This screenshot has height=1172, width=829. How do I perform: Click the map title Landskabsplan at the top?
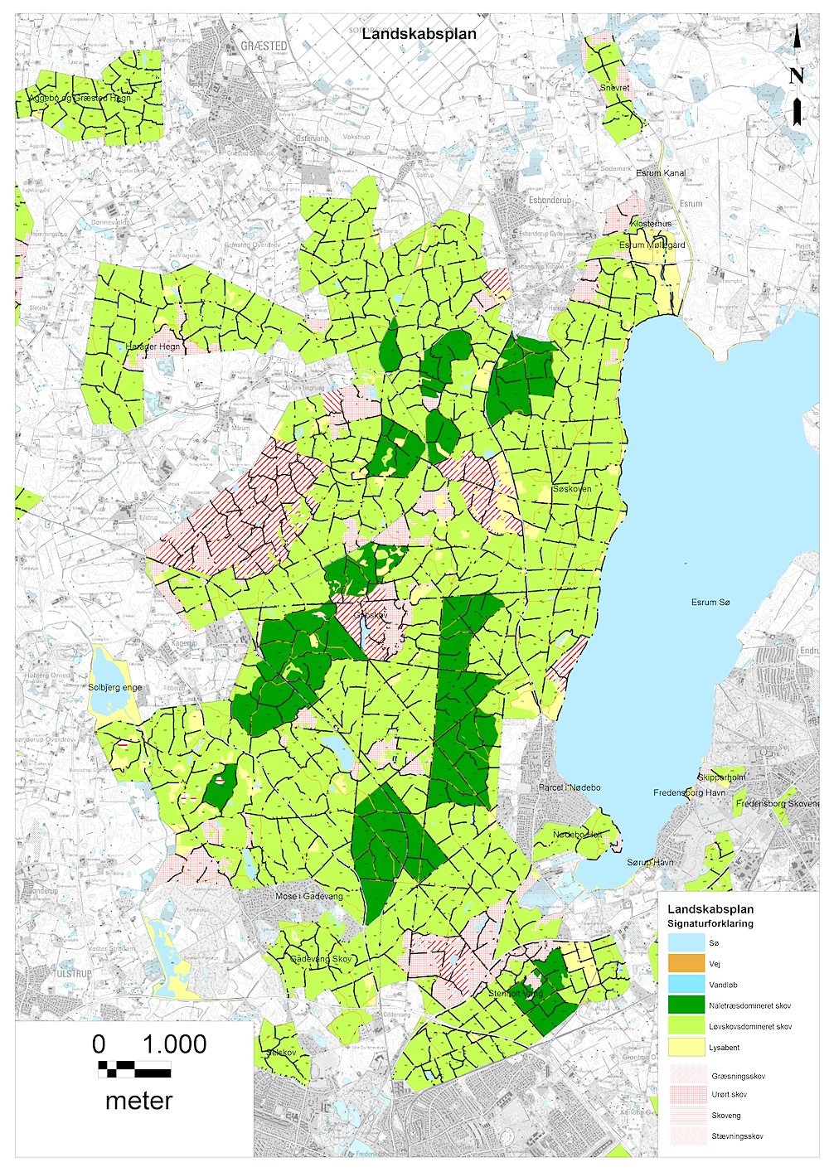(x=419, y=35)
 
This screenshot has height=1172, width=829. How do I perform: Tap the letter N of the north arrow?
(x=796, y=76)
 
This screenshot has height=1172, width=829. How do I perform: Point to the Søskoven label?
(x=572, y=490)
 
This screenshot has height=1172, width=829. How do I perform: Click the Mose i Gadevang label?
(x=308, y=896)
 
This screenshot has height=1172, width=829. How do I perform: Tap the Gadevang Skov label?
(x=322, y=958)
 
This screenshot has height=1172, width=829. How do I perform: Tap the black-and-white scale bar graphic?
(x=134, y=1068)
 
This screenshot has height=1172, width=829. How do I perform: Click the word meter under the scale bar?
(x=138, y=1101)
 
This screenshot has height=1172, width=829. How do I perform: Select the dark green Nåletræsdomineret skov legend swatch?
(x=685, y=1005)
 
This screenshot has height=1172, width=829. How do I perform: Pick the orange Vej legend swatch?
(x=685, y=964)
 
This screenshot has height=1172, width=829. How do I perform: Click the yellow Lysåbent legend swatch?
(x=685, y=1047)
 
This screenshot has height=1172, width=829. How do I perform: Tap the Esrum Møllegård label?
(x=652, y=245)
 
